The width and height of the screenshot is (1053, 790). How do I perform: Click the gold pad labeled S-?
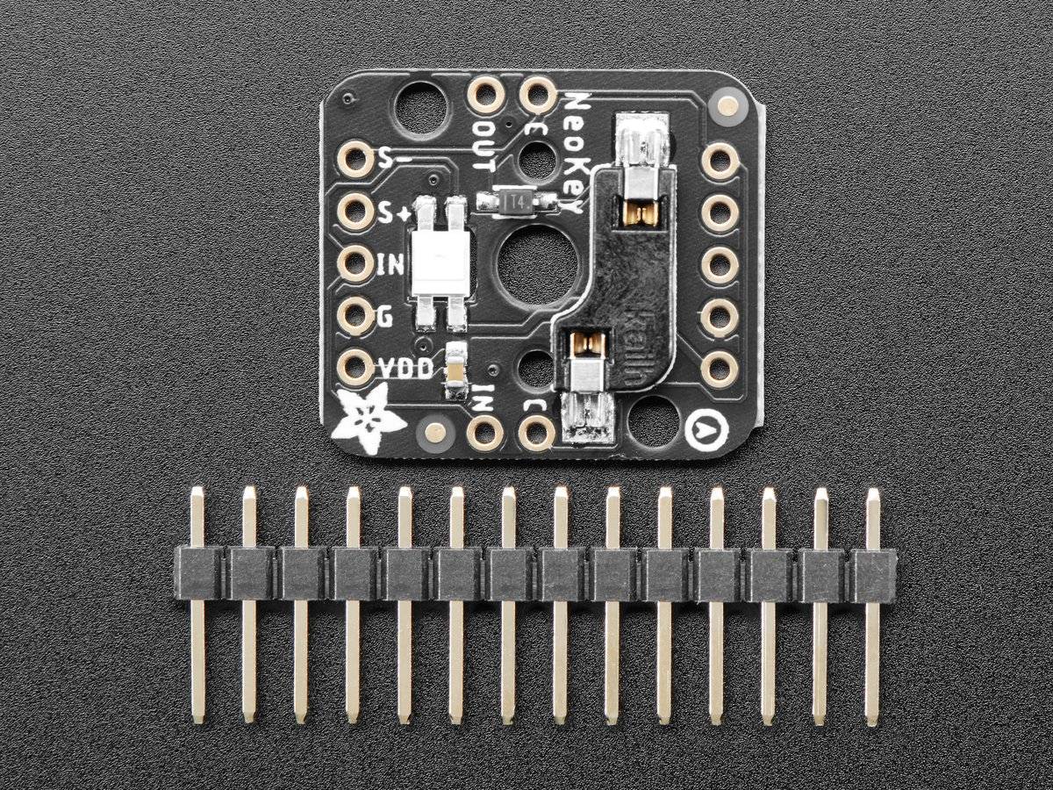pos(355,160)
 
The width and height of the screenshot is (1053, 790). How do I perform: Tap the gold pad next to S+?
pos(355,212)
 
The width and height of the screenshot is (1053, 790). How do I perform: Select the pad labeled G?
pos(355,315)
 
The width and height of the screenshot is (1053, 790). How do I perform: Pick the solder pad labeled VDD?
pos(355,367)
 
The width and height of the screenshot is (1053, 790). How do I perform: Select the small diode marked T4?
pos(518,203)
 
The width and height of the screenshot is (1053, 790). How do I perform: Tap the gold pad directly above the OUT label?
pos(485,95)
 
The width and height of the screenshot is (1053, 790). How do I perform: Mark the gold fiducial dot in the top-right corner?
pos(727,107)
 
